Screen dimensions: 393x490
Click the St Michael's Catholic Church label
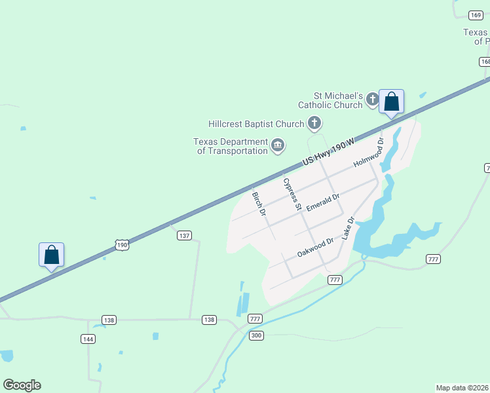(330, 100)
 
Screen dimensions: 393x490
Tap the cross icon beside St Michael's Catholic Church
(372, 100)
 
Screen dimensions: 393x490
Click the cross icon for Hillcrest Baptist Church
(314, 122)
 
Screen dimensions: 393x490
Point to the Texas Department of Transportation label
(231, 146)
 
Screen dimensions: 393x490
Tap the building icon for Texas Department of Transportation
(278, 145)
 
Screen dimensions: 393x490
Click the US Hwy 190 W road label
(328, 152)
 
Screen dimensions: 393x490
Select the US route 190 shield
(121, 244)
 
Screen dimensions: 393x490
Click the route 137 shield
(184, 235)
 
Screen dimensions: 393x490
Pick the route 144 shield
(88, 339)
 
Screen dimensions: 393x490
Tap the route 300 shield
(256, 335)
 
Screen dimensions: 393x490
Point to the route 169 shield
(476, 15)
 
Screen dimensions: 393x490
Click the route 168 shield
(485, 62)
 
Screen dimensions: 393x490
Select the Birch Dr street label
(259, 204)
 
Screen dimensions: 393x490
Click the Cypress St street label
(291, 193)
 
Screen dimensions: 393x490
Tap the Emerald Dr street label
(323, 197)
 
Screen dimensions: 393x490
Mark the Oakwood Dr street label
(316, 247)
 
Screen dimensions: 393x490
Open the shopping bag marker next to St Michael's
(391, 102)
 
